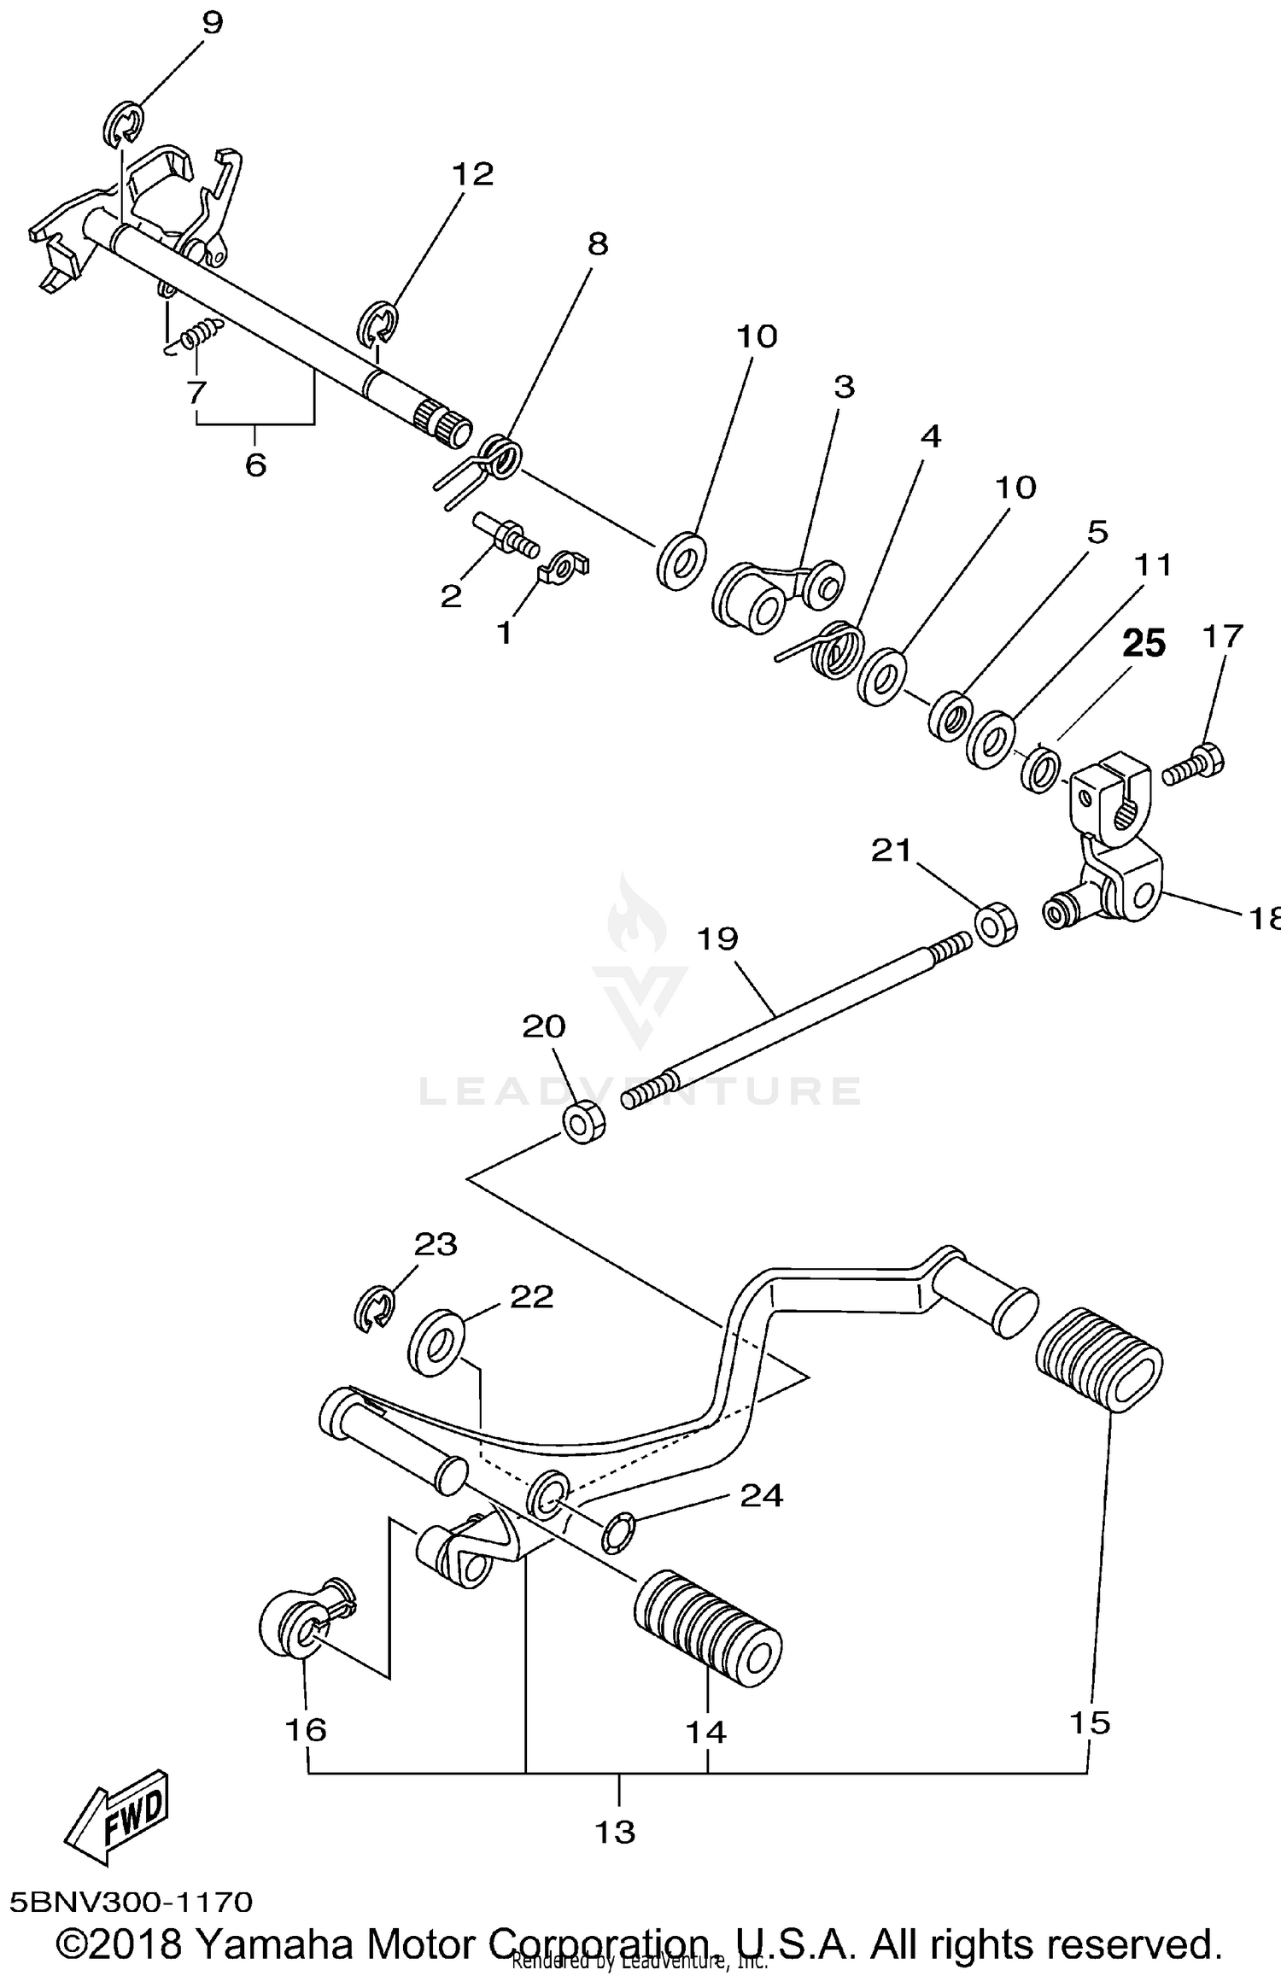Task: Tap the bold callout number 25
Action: pos(1144,644)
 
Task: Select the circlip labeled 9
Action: pos(126,124)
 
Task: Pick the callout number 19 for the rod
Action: pos(717,938)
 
